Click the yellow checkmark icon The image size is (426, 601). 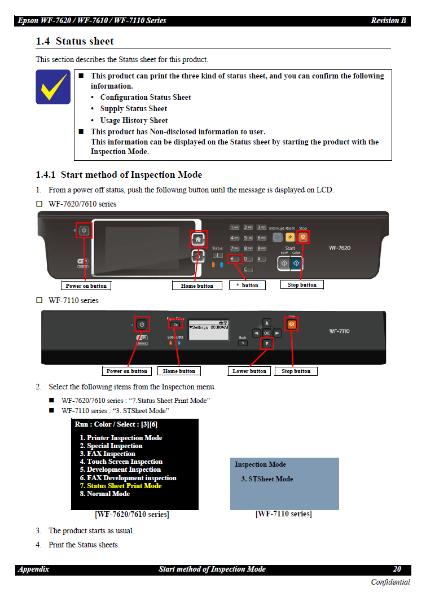coord(53,87)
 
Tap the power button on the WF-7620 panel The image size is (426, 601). coord(84,230)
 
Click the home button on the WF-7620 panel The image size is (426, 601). coord(198,239)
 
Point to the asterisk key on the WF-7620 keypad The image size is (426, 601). coord(235,258)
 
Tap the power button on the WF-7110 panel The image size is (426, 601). coord(142,324)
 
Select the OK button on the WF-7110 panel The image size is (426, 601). coord(267,333)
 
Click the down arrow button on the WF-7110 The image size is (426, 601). coord(267,343)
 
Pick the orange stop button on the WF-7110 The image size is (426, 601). coord(292,324)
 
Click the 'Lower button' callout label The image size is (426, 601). coord(249,371)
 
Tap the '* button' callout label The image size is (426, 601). coord(247,286)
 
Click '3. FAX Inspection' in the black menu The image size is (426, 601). coord(107,454)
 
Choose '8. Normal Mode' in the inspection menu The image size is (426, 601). coord(104,494)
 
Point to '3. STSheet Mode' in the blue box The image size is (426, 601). coord(267,479)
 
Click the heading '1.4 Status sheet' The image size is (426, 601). coord(74,42)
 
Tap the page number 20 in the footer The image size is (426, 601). coord(397,569)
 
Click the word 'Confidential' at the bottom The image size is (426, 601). coord(390,582)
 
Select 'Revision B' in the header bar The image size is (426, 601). coord(388,21)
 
